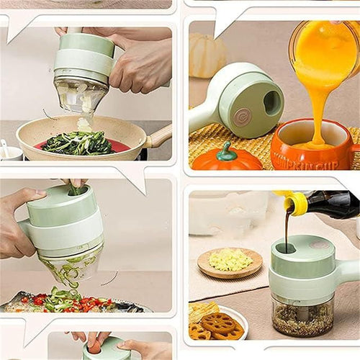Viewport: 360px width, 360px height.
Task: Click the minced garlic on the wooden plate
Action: click(230, 261)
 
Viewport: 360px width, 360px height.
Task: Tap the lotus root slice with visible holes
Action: click(219, 323)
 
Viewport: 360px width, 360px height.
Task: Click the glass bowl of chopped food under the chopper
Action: click(303, 318)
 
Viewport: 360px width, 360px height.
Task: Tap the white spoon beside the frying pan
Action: click(7, 151)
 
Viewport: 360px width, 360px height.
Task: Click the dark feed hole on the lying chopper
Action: click(272, 103)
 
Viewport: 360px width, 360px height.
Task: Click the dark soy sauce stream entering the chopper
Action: click(287, 230)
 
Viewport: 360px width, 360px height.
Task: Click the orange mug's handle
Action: click(354, 152)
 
